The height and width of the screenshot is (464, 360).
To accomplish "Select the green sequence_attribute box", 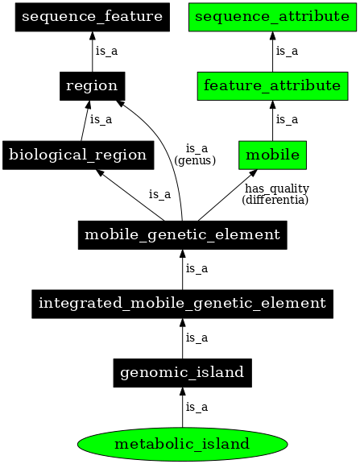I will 271,16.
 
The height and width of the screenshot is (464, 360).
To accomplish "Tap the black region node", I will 91,85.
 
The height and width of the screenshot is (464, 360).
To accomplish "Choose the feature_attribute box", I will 271,85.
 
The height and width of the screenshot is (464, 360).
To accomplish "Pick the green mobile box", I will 271,155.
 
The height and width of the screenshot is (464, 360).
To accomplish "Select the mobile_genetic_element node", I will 182,235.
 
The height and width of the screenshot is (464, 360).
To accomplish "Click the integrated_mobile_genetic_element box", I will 182,304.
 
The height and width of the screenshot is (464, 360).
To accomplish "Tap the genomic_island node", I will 182,373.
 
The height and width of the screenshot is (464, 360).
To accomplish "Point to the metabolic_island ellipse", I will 182,443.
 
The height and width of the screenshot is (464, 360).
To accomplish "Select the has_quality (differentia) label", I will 275,193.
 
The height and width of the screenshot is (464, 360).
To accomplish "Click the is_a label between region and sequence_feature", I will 106,51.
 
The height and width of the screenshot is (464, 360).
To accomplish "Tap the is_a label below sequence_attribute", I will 287,51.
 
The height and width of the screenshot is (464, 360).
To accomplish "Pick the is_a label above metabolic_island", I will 197,408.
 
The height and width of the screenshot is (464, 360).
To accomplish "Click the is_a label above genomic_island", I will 197,338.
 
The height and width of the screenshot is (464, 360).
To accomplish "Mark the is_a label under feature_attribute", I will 287,120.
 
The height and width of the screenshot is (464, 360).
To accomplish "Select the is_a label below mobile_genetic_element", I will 197,268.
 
